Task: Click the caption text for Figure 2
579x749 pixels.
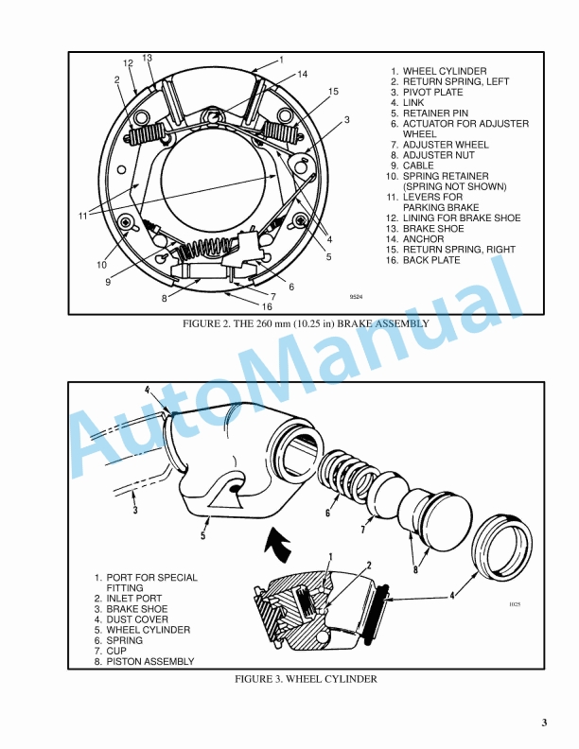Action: [306, 323]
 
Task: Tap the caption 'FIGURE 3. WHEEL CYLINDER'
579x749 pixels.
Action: [306, 679]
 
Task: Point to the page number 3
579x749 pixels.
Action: [544, 723]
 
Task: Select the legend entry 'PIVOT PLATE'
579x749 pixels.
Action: [432, 93]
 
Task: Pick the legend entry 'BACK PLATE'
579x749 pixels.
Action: [436, 260]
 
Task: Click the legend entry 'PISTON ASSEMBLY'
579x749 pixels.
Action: [149, 661]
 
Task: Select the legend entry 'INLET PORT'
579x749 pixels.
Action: [132, 599]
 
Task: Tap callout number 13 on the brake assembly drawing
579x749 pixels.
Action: [147, 58]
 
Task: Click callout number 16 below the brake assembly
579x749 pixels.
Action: [267, 306]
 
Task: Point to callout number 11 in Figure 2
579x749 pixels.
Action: [82, 216]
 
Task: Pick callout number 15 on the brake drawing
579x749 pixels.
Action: [333, 91]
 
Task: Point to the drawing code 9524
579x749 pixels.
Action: [356, 297]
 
